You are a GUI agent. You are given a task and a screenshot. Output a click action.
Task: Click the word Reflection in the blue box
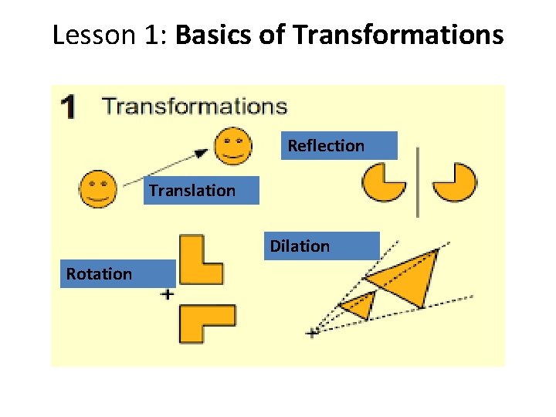(326, 145)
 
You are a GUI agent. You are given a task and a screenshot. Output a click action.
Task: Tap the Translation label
(192, 190)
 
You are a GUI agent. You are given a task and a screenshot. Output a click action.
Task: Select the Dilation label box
(300, 246)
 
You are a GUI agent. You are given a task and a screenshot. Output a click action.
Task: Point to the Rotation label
(100, 273)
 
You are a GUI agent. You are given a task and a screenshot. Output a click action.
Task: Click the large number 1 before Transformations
(69, 107)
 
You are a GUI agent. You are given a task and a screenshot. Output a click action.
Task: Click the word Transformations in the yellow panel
(194, 106)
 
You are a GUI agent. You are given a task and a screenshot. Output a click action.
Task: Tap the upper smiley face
(232, 146)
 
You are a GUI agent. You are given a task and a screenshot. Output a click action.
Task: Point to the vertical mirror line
(418, 182)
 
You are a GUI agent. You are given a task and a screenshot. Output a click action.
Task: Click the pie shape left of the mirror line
(382, 182)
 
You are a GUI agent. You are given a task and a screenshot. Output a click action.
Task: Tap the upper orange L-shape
(199, 261)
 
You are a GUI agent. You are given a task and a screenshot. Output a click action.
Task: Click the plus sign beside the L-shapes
(167, 294)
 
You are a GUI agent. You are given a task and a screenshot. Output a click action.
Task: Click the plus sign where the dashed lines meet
(313, 332)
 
